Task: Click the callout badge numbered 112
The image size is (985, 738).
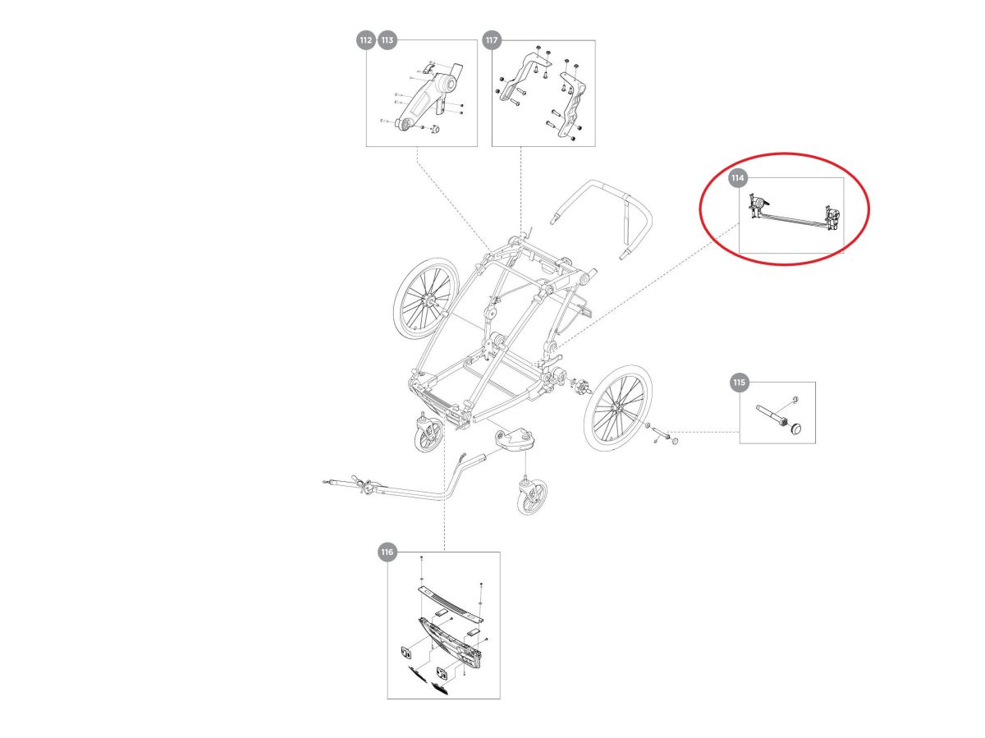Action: [365, 40]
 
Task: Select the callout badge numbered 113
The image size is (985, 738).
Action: [387, 40]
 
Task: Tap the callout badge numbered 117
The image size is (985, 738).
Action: [491, 40]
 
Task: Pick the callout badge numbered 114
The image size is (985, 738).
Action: [737, 178]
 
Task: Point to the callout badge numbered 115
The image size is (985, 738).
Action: [739, 383]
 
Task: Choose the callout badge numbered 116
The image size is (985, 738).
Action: [387, 552]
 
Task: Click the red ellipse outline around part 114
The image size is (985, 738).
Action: [785, 154]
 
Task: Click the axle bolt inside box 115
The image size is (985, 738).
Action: [771, 415]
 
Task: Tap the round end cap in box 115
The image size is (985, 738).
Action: [795, 429]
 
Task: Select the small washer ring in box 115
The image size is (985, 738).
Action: [795, 399]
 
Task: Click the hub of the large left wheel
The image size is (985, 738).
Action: [429, 300]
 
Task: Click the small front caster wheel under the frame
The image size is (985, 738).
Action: [429, 435]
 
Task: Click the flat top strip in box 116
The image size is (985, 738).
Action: [451, 603]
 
